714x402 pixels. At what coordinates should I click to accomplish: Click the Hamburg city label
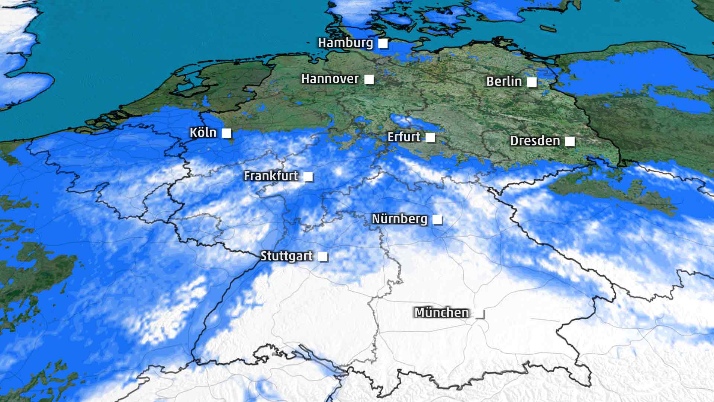345,43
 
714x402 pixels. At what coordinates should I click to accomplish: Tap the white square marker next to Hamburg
383,44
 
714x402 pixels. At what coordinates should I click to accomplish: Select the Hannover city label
330,79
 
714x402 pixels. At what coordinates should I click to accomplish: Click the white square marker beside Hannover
369,79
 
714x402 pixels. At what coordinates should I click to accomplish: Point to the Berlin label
504,82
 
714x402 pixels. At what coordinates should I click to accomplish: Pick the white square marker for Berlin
532,82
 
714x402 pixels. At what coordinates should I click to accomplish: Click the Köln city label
203,133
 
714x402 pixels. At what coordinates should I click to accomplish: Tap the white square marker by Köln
226,133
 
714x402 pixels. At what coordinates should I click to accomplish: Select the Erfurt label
404,137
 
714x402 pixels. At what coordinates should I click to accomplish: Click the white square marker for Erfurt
430,137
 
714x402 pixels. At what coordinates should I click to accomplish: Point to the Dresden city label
535,141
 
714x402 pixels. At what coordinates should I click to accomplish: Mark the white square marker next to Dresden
570,141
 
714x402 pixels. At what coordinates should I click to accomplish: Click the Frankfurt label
271,176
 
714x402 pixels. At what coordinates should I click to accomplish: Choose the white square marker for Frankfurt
308,176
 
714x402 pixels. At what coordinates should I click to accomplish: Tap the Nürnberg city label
399,219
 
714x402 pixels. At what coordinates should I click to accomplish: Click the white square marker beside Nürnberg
437,220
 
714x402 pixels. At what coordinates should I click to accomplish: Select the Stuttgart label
286,256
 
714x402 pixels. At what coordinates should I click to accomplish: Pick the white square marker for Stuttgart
323,257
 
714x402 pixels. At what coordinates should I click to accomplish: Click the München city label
441,313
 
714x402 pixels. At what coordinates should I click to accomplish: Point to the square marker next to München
480,314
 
